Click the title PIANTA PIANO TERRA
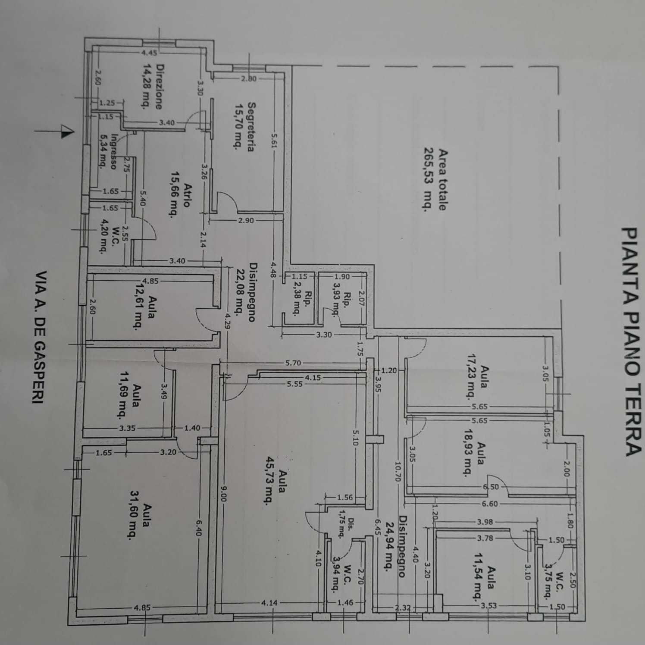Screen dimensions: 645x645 click(x=630, y=341)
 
